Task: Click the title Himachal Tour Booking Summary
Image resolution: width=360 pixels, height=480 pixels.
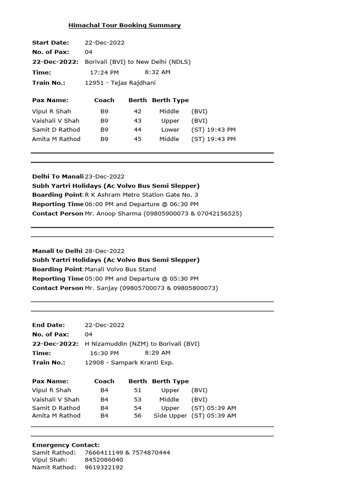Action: click(x=124, y=25)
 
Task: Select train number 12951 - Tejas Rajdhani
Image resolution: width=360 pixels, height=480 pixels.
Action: click(x=120, y=83)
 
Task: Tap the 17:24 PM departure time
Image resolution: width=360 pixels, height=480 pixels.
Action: click(x=104, y=72)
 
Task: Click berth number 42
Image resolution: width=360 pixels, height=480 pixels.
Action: click(x=137, y=112)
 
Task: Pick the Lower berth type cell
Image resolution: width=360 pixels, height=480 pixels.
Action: click(x=170, y=130)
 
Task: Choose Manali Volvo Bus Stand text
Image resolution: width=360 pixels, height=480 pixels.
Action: click(x=120, y=270)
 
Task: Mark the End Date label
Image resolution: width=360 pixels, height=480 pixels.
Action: click(x=48, y=325)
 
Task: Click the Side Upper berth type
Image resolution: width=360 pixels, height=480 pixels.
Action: click(x=170, y=416)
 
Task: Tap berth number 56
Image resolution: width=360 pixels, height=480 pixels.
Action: click(x=137, y=416)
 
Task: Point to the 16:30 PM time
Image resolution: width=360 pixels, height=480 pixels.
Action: click(x=104, y=353)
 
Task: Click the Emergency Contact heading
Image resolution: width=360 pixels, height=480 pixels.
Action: click(x=66, y=445)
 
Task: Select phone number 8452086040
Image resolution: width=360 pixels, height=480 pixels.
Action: click(x=104, y=460)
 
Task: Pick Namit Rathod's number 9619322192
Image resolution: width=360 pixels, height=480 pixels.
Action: click(x=104, y=467)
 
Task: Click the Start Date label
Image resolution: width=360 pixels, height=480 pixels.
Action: click(x=50, y=43)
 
